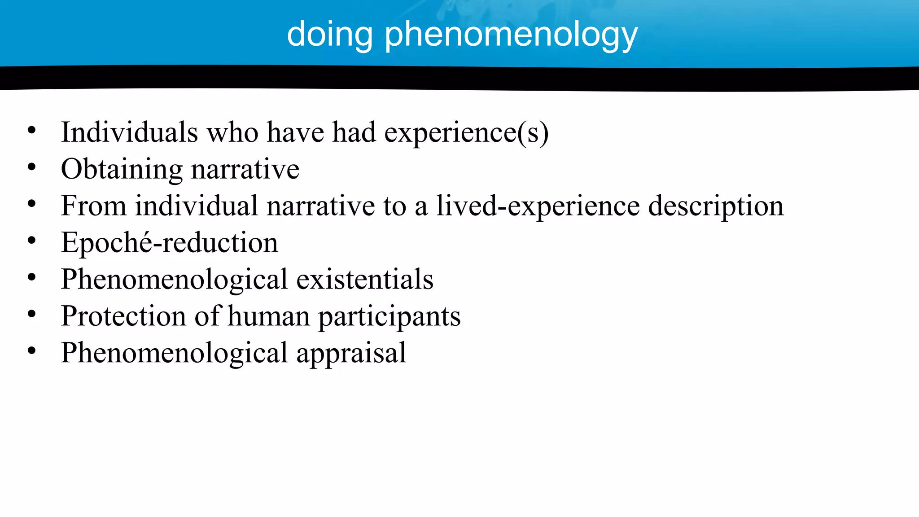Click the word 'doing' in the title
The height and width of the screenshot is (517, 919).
[x=330, y=35]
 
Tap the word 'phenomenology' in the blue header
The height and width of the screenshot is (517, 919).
[x=511, y=35]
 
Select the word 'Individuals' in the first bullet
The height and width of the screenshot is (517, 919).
[x=129, y=133]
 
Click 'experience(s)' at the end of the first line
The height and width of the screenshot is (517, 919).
[x=466, y=133]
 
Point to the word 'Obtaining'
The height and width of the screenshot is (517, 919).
[x=122, y=170]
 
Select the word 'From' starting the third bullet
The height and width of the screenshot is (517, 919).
[x=93, y=206]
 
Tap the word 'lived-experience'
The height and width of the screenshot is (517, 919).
[x=538, y=206]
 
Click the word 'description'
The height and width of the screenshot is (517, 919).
[x=716, y=206]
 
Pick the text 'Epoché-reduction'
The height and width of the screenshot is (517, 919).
[x=169, y=243]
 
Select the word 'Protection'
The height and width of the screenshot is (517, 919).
[x=123, y=316]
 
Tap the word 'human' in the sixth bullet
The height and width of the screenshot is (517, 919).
[x=268, y=316]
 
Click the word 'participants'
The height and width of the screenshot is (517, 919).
[x=389, y=316]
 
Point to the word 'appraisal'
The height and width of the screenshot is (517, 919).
[x=351, y=353]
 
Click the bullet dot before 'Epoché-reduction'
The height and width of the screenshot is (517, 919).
[x=31, y=241]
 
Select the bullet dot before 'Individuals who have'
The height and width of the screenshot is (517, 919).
[x=31, y=131]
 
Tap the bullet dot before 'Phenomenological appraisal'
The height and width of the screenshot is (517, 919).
[x=31, y=351]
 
